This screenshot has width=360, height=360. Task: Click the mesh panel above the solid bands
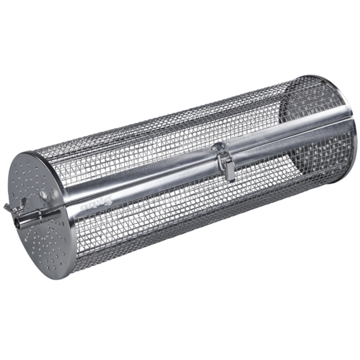162,130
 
